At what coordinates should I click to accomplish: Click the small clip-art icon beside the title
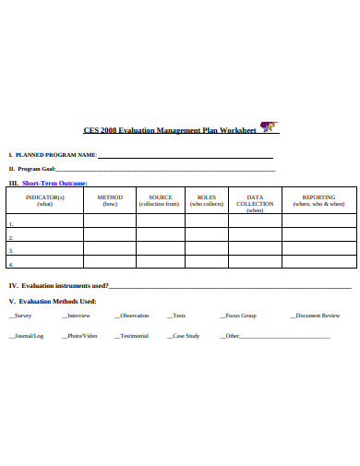269,127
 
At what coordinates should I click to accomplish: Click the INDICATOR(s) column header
44,200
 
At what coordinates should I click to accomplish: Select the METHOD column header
110,200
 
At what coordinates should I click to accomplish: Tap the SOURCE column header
160,200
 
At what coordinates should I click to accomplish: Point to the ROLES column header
206,200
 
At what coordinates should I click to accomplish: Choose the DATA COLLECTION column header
255,203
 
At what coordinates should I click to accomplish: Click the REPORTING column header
319,200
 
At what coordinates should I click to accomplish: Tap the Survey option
21,316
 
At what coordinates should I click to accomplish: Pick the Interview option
77,316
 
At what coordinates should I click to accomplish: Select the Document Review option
316,316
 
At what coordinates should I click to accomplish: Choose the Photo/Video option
80,336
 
